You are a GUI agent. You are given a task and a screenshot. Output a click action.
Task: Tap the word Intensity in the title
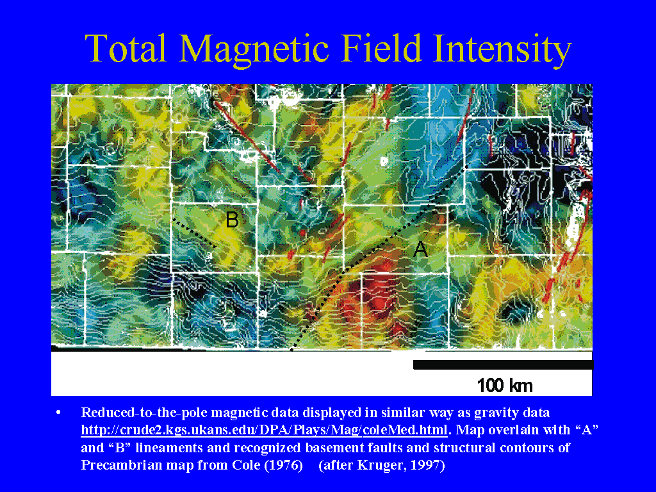[502, 50]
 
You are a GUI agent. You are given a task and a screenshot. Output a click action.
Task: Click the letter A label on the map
[420, 249]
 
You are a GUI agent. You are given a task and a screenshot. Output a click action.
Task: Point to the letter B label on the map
[232, 220]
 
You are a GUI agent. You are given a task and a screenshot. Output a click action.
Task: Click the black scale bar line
[504, 365]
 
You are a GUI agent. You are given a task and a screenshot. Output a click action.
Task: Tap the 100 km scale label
[505, 385]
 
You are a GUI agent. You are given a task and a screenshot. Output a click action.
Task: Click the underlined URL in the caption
[264, 430]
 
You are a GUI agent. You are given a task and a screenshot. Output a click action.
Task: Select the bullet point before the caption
[58, 413]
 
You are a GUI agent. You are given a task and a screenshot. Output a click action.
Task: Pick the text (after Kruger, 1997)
[382, 465]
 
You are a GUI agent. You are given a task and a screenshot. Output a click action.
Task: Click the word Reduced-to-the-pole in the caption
[144, 413]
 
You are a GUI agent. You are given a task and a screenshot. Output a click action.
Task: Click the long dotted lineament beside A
[379, 259]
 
